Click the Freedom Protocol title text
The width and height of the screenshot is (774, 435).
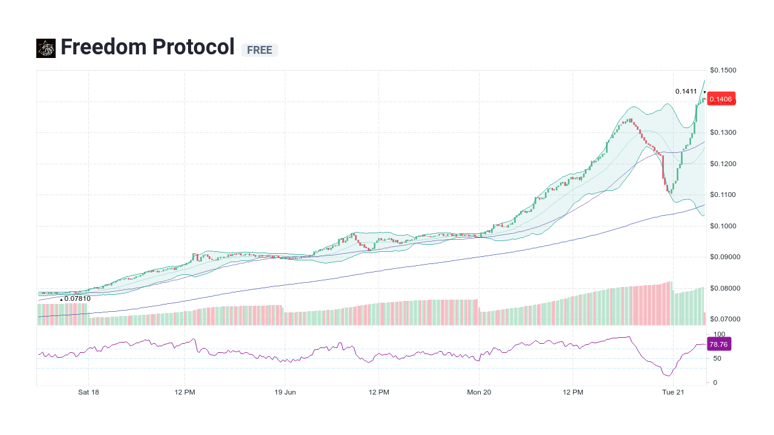point(147,47)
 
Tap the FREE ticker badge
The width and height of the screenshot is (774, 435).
point(259,50)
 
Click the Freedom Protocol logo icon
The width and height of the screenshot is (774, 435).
point(46,48)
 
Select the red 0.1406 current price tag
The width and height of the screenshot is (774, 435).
point(720,100)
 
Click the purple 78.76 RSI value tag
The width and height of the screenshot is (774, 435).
point(718,344)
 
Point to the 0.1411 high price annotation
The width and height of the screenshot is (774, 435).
point(686,92)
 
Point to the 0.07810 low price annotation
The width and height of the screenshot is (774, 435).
point(77,298)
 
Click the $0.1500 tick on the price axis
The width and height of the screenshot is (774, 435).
point(723,71)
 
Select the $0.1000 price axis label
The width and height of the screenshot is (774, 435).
point(723,226)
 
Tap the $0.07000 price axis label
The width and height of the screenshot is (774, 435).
point(724,319)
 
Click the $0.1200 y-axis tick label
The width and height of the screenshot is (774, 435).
point(723,164)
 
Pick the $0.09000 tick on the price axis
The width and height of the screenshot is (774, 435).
point(724,257)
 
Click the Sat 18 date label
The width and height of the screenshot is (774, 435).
point(88,392)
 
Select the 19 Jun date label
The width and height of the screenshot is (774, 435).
point(285,392)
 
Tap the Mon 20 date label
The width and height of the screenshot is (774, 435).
point(479,392)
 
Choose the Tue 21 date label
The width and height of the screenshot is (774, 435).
point(673,392)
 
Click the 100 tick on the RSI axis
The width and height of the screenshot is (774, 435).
point(719,334)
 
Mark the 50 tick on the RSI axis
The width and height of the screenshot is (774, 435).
point(717,358)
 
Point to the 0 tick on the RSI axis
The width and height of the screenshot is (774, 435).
point(715,382)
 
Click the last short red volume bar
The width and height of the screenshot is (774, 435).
point(704,319)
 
